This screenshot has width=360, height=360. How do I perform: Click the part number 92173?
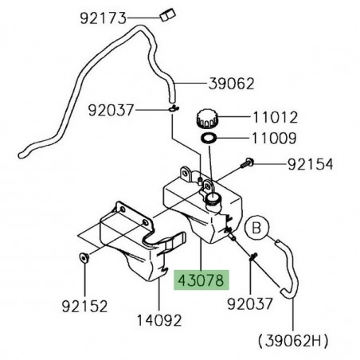[104, 18]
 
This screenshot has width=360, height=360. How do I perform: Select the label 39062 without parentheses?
[232, 84]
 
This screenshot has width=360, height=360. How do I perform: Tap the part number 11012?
[275, 117]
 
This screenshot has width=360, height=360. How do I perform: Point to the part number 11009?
[274, 138]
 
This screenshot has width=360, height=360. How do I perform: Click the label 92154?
[311, 164]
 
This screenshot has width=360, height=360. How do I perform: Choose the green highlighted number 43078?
[202, 280]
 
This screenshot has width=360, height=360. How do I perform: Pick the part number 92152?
[84, 306]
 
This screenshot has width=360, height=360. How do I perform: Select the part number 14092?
[159, 320]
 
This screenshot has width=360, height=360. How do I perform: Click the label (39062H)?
[293, 340]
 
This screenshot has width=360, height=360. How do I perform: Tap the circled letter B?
[256, 228]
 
